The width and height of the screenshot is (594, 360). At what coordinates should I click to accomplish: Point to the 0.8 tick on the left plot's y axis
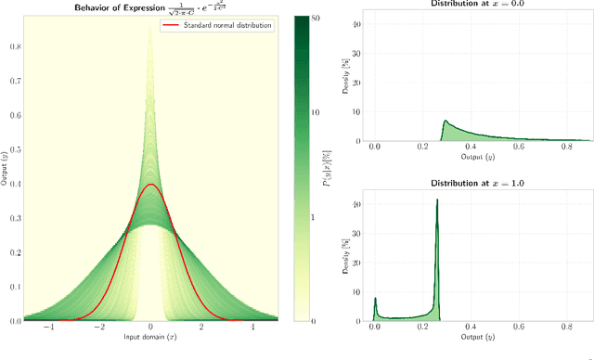click(14, 47)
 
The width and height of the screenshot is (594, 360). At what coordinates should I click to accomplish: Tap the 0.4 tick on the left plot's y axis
click(14, 185)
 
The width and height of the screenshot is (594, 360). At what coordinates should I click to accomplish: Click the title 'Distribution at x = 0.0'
click(472, 5)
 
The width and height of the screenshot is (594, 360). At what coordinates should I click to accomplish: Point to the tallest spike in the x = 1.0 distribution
click(436, 199)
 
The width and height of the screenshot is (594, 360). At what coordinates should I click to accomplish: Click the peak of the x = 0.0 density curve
click(445, 121)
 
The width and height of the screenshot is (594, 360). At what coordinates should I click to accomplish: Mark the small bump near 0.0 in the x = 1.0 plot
click(375, 299)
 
